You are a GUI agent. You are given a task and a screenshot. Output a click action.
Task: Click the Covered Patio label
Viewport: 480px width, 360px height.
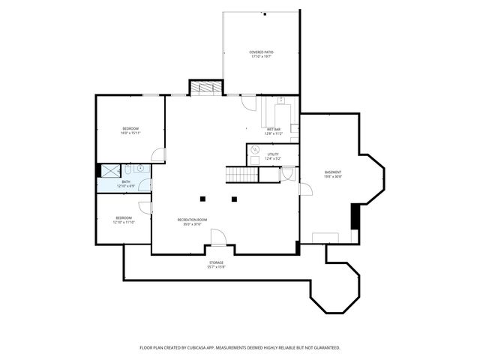click(262, 52)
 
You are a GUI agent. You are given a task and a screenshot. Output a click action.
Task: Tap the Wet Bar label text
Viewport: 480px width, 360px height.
click(273, 129)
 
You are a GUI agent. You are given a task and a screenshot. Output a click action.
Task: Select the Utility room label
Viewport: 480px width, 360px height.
click(273, 154)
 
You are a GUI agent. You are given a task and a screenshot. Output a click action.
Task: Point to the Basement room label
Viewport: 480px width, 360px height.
click(333, 172)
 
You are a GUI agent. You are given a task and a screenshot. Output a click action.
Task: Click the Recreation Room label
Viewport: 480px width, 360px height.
click(192, 219)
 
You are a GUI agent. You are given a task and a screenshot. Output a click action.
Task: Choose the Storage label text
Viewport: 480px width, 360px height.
click(216, 262)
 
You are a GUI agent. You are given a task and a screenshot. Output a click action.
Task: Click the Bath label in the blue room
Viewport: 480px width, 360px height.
click(125, 181)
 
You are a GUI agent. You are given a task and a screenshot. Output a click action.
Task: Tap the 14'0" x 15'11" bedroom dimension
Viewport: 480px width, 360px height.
click(130, 133)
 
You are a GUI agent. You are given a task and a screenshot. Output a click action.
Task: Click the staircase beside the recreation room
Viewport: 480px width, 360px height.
click(241, 175)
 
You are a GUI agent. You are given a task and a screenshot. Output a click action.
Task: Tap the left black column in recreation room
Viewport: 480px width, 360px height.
click(202, 199)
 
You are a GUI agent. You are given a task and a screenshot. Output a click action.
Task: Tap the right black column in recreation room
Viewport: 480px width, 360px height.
click(234, 199)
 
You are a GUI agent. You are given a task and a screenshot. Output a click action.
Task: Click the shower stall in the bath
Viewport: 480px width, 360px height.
click(109, 170)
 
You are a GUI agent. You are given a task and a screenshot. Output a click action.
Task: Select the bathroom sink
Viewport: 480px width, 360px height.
click(139, 169)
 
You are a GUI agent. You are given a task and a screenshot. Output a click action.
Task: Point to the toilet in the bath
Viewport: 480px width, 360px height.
click(127, 169)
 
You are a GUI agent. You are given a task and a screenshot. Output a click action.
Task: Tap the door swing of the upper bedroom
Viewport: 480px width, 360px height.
click(157, 154)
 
